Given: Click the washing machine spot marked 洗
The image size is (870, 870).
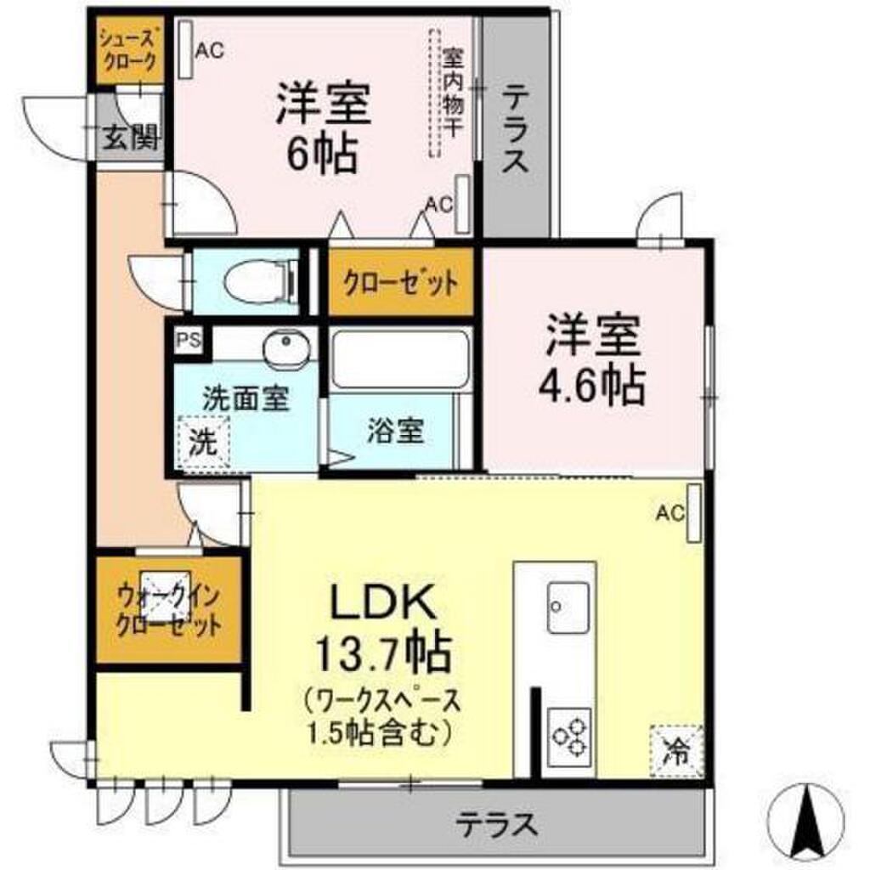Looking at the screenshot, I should [x=203, y=442].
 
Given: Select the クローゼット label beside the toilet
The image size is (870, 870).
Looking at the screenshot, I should [x=400, y=281].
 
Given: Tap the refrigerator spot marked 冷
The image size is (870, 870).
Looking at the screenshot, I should [x=677, y=749].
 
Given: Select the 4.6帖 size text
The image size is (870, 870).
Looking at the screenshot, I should [x=592, y=387].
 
